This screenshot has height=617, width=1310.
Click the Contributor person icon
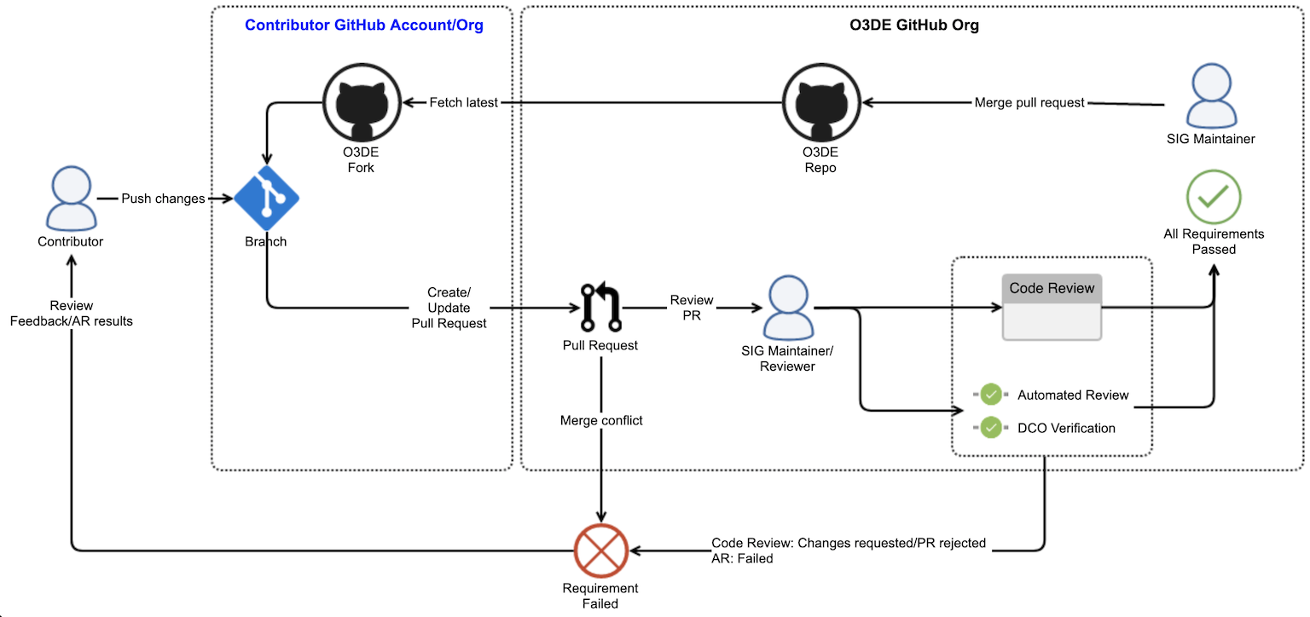70,198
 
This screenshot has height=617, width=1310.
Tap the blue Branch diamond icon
266,199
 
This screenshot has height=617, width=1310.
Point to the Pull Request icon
600,308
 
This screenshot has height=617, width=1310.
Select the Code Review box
1052,307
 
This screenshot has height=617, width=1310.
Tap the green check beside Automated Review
990,395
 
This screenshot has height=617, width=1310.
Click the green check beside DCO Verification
990,428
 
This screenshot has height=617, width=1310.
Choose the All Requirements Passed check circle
1213,198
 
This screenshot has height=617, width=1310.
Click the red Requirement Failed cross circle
600,551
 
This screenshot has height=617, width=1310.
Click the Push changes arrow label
163,199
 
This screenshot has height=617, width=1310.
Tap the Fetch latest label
464,103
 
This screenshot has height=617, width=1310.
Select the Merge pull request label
1029,103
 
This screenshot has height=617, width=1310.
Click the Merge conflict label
600,420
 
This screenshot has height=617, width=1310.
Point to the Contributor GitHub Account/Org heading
364,25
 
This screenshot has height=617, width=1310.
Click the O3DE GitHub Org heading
914,25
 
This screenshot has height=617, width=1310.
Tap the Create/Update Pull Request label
449,308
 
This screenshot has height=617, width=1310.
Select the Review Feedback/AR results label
71,313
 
